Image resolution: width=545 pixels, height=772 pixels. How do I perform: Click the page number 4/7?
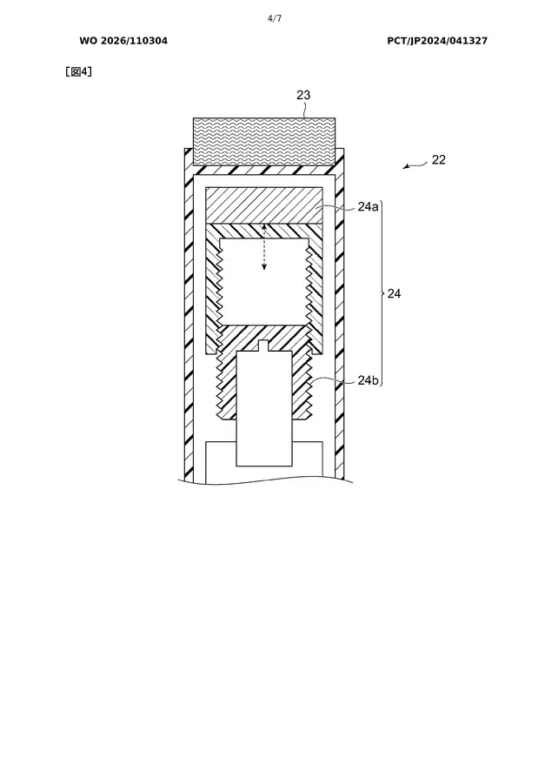click(x=275, y=18)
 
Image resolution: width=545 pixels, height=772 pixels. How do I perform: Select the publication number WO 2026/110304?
click(x=123, y=41)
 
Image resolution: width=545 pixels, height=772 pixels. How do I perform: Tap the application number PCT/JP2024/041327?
click(x=437, y=41)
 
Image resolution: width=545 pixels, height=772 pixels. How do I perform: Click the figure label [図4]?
click(x=79, y=72)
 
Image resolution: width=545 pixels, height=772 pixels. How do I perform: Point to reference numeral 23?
click(x=303, y=95)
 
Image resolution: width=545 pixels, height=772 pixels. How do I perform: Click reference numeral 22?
click(x=439, y=159)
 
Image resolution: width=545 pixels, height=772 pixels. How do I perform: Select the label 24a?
click(x=368, y=207)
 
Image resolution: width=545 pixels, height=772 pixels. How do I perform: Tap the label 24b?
click(x=368, y=380)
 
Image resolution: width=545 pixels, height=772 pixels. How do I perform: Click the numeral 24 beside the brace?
click(x=394, y=294)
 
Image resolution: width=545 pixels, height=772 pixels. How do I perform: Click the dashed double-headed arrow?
click(x=264, y=247)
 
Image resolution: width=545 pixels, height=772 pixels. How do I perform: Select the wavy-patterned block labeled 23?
click(x=264, y=141)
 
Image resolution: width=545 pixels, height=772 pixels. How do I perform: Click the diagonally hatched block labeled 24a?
click(x=264, y=205)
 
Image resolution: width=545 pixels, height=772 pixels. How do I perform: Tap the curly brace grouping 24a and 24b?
click(x=382, y=294)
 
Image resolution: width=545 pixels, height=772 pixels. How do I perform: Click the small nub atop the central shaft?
click(x=263, y=346)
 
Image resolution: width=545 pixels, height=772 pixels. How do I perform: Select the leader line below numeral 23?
click(x=305, y=110)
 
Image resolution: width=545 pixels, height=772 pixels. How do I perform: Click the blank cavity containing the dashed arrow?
click(x=264, y=282)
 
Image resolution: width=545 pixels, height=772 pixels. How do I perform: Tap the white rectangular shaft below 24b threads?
click(x=265, y=409)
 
